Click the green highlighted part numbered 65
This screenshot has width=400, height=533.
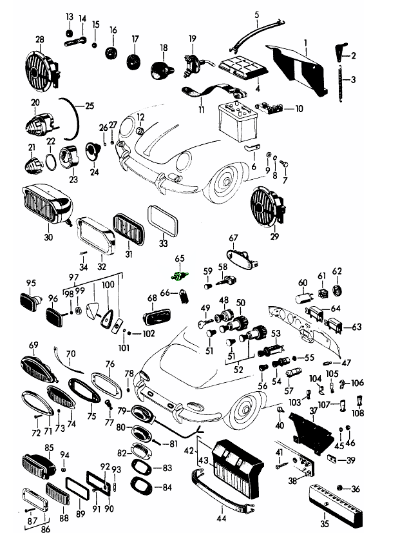click(x=178, y=275)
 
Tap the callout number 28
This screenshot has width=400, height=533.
click(x=40, y=40)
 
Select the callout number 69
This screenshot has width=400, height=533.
click(x=33, y=345)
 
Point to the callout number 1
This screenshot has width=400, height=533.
click(x=306, y=43)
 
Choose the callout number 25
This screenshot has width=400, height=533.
click(x=89, y=104)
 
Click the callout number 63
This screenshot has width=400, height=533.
click(x=357, y=327)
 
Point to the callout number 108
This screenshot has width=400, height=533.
click(x=358, y=412)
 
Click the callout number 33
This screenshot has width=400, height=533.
click(x=163, y=244)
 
